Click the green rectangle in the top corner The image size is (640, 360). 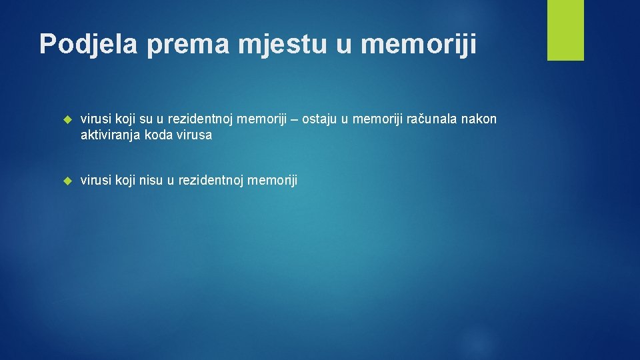pos(565,30)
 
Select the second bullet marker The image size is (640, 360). pos(66,181)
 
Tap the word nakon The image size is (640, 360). pos(481,119)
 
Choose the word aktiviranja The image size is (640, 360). pos(109,135)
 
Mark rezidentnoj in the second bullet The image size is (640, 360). pos(211,180)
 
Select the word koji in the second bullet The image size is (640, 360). pos(125,180)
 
